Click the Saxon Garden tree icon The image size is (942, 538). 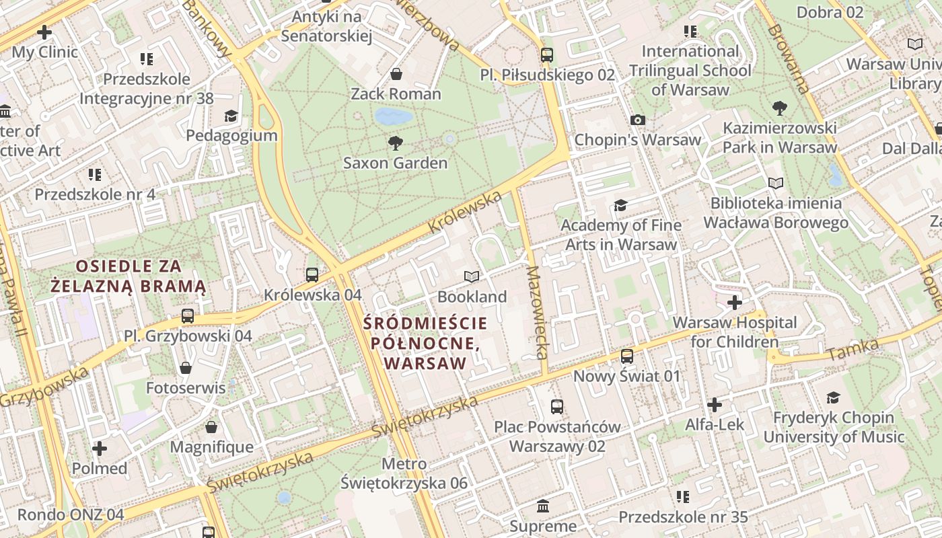[x=396, y=143]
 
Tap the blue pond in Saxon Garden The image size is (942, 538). [x=394, y=116]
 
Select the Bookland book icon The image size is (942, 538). [x=472, y=276]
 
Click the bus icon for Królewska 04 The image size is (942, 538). [x=312, y=274]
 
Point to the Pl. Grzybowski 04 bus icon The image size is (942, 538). [x=188, y=315]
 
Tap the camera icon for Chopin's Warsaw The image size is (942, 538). [x=638, y=120]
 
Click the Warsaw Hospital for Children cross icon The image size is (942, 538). [x=735, y=303]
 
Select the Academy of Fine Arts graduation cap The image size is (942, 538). [x=620, y=205]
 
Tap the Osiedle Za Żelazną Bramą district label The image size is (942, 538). [x=128, y=275]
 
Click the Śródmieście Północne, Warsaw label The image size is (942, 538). [x=425, y=343]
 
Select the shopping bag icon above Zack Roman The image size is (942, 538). [x=396, y=73]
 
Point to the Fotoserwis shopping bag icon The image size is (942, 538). [x=186, y=368]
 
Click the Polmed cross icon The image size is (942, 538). [x=100, y=448]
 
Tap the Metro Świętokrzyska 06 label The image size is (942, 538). [x=404, y=473]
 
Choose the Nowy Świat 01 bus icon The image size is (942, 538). [x=627, y=356]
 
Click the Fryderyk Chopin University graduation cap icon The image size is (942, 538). [x=833, y=397]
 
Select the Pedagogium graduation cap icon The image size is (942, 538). [x=231, y=116]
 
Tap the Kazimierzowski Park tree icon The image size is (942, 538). [x=780, y=108]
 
